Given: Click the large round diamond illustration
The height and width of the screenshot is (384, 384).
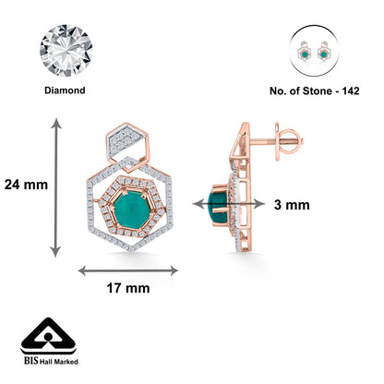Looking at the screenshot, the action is coord(66,51).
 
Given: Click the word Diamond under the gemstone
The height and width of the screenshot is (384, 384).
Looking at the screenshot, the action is coord(65,90).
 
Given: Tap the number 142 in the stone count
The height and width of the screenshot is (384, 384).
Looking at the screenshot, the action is coord(351,91).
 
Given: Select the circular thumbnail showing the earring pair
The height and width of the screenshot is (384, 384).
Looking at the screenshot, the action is coord(314,51).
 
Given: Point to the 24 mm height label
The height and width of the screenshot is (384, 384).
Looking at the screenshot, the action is coord(26,185).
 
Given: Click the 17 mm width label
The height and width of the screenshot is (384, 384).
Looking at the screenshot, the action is coord(128,288).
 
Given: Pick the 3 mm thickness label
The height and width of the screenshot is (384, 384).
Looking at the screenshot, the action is coord(292,205).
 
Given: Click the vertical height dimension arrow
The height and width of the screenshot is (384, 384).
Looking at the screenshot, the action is coord(55,187).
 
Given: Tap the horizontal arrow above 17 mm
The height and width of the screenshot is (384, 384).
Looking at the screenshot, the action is coord(128,271).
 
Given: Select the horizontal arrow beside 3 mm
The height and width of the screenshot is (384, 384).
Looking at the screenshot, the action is coord(229,204).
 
